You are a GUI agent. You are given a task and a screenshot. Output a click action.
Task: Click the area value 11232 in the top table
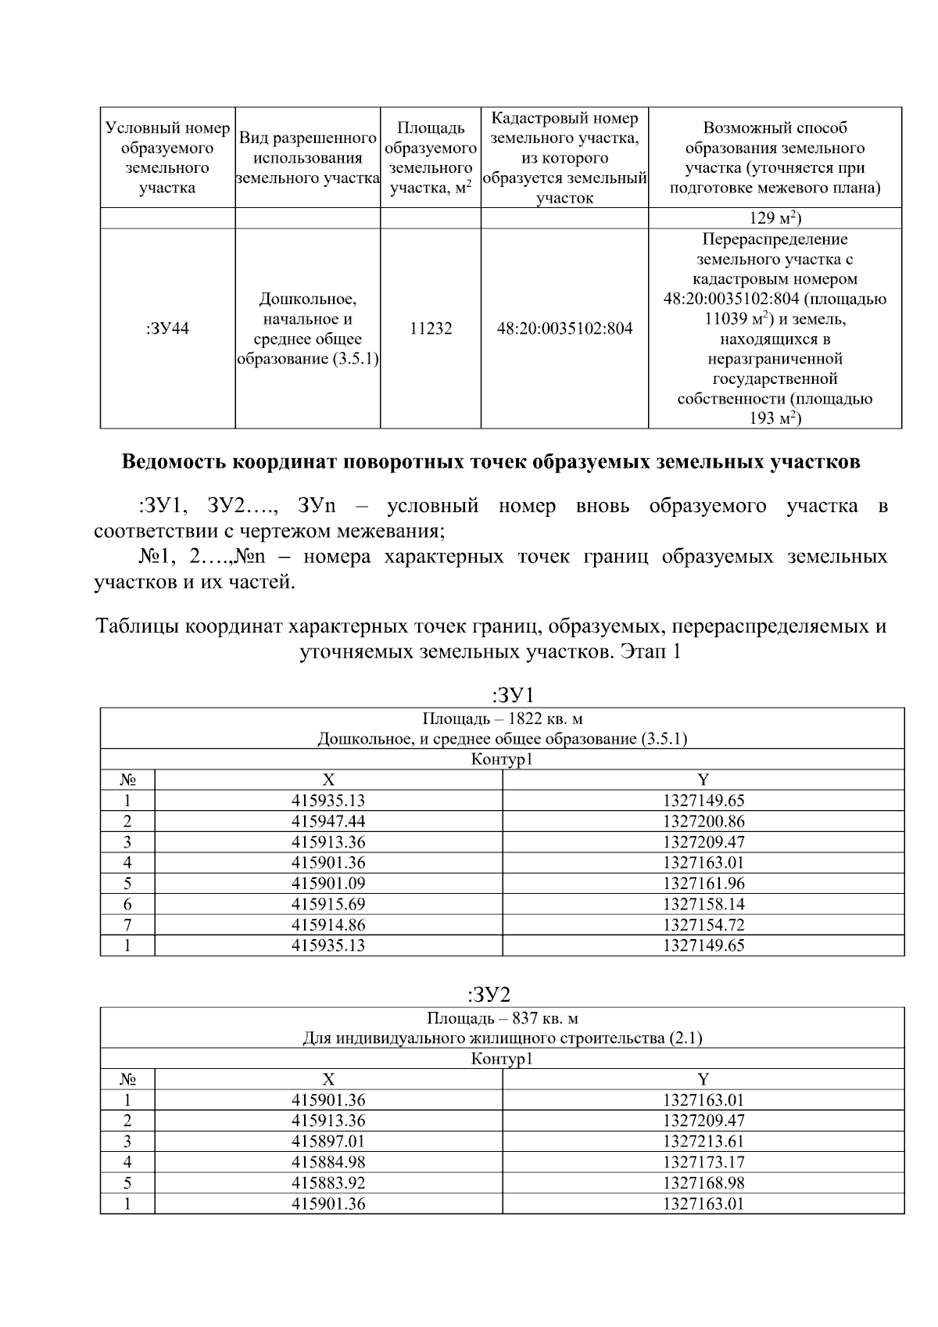tap(431, 328)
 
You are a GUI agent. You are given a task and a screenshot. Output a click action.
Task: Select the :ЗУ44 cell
tap(167, 328)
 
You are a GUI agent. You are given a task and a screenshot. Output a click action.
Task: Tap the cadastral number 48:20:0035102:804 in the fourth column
tap(564, 328)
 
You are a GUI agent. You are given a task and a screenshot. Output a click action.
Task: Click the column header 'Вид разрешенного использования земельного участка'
tap(307, 158)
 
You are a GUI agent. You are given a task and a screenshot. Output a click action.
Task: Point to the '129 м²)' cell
tap(775, 218)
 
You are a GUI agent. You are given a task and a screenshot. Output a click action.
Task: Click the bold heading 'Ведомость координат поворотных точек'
tap(490, 462)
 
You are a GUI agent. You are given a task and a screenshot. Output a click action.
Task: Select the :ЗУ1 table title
tap(512, 694)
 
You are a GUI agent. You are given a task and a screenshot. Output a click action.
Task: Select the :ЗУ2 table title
tap(489, 995)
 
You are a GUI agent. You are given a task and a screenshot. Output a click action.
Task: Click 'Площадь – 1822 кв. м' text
tap(503, 719)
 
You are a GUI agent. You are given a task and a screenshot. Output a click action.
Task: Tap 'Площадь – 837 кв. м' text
tap(503, 1018)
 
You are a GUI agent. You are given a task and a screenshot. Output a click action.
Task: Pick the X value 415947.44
tap(328, 821)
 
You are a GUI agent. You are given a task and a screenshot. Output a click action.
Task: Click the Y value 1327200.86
tap(703, 821)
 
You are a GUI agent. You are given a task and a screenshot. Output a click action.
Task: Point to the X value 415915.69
tap(328, 904)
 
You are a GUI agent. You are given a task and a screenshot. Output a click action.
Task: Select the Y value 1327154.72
tap(703, 924)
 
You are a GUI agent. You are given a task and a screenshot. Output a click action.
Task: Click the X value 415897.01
tap(328, 1141)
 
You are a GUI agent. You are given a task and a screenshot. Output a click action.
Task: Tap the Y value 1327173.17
tap(703, 1162)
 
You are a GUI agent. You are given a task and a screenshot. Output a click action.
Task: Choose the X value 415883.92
tap(328, 1182)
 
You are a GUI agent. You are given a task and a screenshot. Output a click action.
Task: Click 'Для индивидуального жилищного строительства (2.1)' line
tap(503, 1038)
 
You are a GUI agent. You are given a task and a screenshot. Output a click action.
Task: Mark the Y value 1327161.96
tap(703, 884)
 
